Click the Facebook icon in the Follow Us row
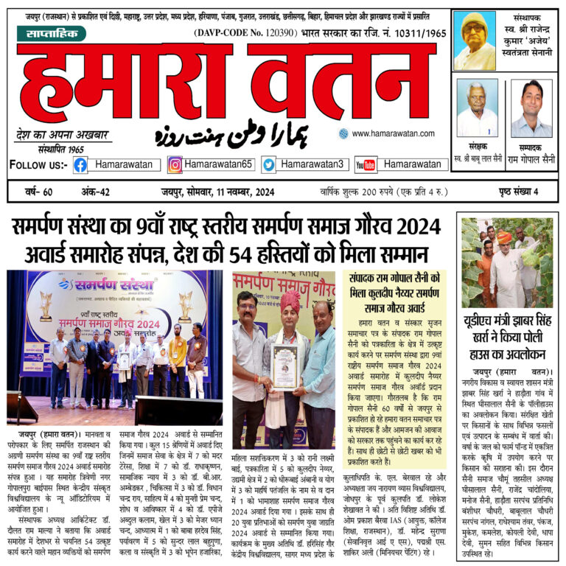coord(80,165)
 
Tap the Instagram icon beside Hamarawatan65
coord(175,165)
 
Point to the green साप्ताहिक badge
coord(51,33)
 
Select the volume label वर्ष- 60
coord(38,193)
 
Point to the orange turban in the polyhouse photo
coord(504,238)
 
